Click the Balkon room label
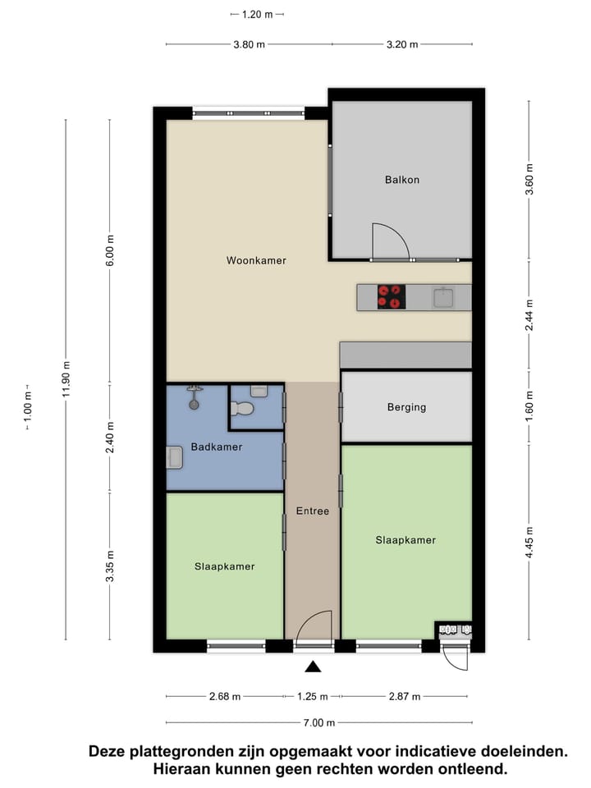pos(401,180)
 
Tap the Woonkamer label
pos(256,260)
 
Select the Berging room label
pos(406,407)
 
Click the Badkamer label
pos(217,447)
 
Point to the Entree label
pos(312,511)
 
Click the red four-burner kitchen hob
pos(392,296)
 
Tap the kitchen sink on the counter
pos(444,296)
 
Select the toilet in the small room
pos(244,408)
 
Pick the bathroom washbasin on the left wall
pos(174,457)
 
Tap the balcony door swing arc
pos(391,241)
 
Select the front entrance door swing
pos(314,629)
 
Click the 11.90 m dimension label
pos(66,379)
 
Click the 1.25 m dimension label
pos(312,697)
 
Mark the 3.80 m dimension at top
pos(249,44)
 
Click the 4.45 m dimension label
pos(529,543)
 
